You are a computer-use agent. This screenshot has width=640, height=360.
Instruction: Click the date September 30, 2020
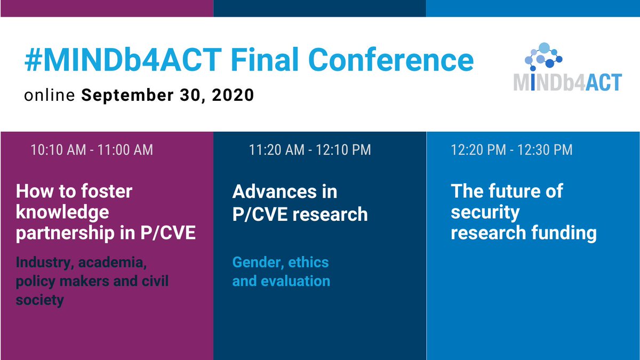tap(167, 96)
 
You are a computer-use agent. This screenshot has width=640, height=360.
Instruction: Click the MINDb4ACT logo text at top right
tap(567, 82)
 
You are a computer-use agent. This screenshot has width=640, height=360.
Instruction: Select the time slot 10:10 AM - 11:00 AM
tap(92, 150)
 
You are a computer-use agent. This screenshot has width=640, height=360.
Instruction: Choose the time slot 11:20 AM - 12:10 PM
tap(309, 150)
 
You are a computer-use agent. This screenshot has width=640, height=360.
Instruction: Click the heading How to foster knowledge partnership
tap(106, 212)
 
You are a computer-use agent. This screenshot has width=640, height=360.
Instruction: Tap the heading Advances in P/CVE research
tap(300, 202)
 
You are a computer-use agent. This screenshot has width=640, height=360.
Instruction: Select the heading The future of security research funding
tap(523, 212)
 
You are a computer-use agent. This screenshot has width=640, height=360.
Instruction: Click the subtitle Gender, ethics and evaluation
tap(281, 271)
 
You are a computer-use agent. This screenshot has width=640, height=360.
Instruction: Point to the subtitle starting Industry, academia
tap(92, 281)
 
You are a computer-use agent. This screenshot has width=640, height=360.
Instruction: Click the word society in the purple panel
tap(40, 300)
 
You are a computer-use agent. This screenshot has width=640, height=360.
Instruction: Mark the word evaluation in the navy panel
tap(294, 281)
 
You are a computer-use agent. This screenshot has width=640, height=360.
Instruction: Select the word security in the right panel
tap(485, 212)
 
